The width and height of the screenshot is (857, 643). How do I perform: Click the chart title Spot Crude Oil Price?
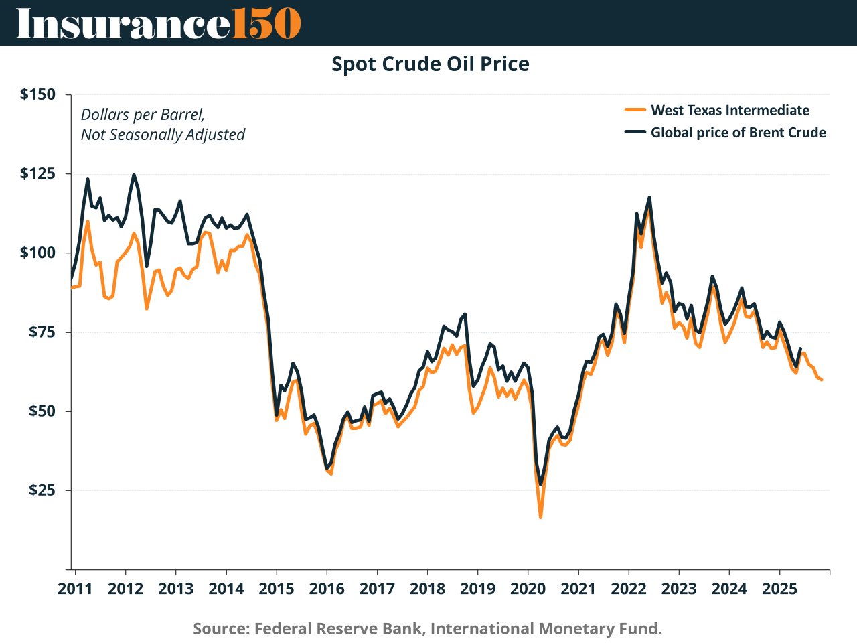[x=431, y=64]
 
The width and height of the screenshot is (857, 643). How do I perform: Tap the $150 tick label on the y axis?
[x=37, y=94]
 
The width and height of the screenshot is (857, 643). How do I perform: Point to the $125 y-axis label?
[x=37, y=174]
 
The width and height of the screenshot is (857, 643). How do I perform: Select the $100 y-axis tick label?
[x=37, y=253]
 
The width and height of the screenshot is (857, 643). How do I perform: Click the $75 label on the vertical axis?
[x=42, y=332]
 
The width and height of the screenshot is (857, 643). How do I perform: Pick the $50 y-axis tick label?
[x=42, y=411]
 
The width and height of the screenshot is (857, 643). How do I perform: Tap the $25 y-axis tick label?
[x=42, y=490]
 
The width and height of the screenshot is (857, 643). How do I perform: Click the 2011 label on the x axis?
[x=75, y=589]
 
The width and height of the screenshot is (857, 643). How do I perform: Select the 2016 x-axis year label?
[x=326, y=589]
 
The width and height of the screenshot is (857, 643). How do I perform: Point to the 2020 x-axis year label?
[x=528, y=589]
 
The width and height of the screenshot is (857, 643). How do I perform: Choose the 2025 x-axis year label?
[x=779, y=589]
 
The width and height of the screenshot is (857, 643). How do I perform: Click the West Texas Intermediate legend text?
[x=730, y=111]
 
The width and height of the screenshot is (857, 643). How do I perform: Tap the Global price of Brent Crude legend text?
[x=738, y=133]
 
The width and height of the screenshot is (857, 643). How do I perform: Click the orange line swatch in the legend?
[x=635, y=111]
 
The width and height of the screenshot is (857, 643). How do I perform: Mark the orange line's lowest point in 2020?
[x=540, y=517]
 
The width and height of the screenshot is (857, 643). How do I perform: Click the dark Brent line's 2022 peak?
[x=649, y=198]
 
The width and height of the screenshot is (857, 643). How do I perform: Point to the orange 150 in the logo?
[x=266, y=23]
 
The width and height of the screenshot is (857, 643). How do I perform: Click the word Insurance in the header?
[x=123, y=23]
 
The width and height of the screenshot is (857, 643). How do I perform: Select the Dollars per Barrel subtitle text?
[x=143, y=115]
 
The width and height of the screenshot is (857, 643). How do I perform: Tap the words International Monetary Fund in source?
[x=546, y=629]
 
